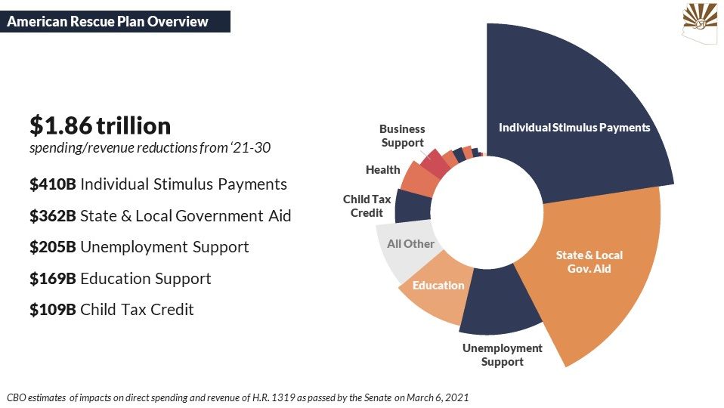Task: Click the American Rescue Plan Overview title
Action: tap(107, 22)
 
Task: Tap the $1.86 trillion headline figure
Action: tap(101, 125)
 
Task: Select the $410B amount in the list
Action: tap(53, 184)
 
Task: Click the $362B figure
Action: tap(53, 215)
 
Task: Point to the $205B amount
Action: tap(53, 247)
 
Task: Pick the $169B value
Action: tap(53, 278)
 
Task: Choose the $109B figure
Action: tap(53, 310)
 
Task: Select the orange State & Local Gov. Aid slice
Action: tap(596, 267)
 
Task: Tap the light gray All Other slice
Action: tap(407, 252)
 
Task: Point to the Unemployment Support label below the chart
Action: tap(503, 354)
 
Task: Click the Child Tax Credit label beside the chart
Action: tap(367, 206)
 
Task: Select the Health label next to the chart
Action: tap(382, 170)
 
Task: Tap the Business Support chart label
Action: tap(402, 136)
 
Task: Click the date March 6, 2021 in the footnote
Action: tap(438, 397)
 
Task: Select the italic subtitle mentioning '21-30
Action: tap(150, 147)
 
